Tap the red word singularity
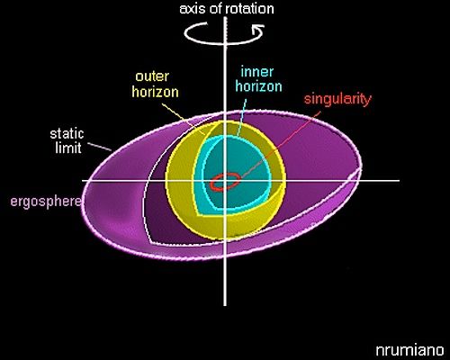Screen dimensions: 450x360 click(x=337, y=99)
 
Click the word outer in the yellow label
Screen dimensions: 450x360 click(x=152, y=76)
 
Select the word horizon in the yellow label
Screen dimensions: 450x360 click(x=156, y=92)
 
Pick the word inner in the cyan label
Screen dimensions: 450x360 click(x=257, y=72)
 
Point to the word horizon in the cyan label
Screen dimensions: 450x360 click(x=258, y=86)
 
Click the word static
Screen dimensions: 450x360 click(x=67, y=134)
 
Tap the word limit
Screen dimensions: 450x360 click(x=68, y=148)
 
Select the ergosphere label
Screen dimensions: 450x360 click(x=46, y=202)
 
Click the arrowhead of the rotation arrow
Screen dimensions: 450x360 click(x=258, y=29)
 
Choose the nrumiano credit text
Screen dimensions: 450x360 click(x=409, y=350)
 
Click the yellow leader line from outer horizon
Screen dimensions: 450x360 click(x=184, y=119)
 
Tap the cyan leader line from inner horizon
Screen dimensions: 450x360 click(x=241, y=117)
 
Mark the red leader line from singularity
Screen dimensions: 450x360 click(x=281, y=144)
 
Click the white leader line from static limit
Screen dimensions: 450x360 click(x=101, y=147)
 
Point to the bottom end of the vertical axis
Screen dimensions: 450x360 click(x=225, y=305)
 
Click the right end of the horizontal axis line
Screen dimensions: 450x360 click(x=399, y=181)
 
